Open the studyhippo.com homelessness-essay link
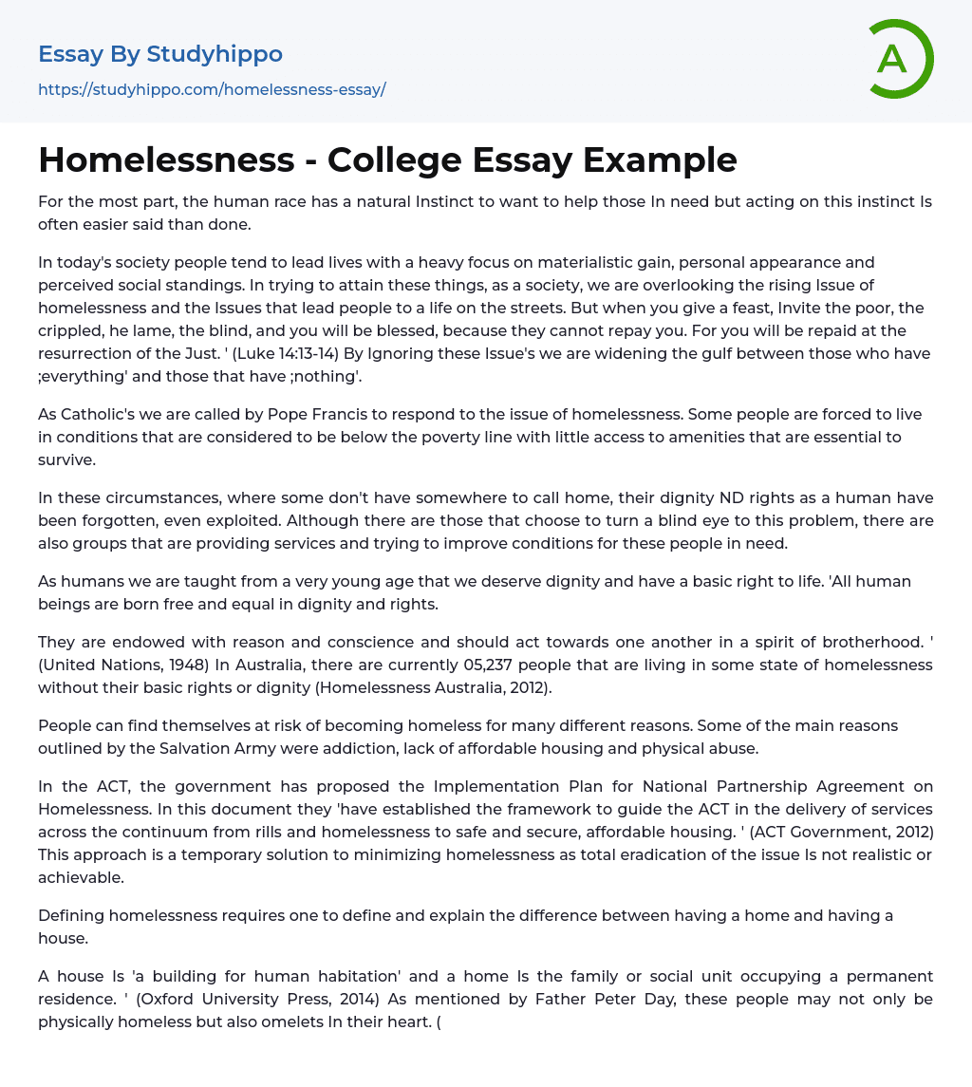tap(212, 90)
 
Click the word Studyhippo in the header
tap(215, 54)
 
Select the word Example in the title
tap(660, 160)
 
